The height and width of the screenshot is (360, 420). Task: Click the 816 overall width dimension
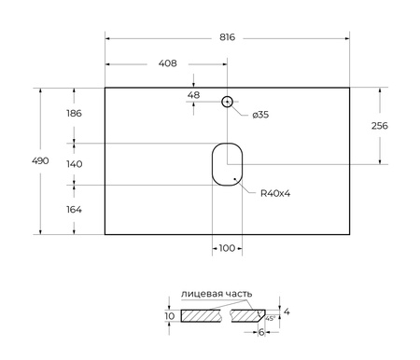pos(227,37)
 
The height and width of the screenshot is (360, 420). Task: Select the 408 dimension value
pos(167,64)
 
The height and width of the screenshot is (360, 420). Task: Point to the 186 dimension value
pos(75,114)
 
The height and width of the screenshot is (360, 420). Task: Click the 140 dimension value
pos(75,163)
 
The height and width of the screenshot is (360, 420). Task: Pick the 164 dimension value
pos(75,209)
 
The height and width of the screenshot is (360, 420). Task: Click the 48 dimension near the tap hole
pos(194,94)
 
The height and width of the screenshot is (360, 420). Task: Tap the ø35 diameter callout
pos(261,115)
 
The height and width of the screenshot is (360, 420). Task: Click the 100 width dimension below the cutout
pos(227,248)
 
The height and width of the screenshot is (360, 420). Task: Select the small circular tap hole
pos(227,101)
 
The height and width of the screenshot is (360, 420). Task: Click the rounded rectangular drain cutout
pos(227,163)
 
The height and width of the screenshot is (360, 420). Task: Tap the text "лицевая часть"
pos(216,294)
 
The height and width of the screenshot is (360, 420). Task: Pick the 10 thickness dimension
pos(169,316)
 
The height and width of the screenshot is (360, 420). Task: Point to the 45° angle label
pos(270,318)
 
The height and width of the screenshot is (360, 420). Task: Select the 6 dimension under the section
pos(262,332)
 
